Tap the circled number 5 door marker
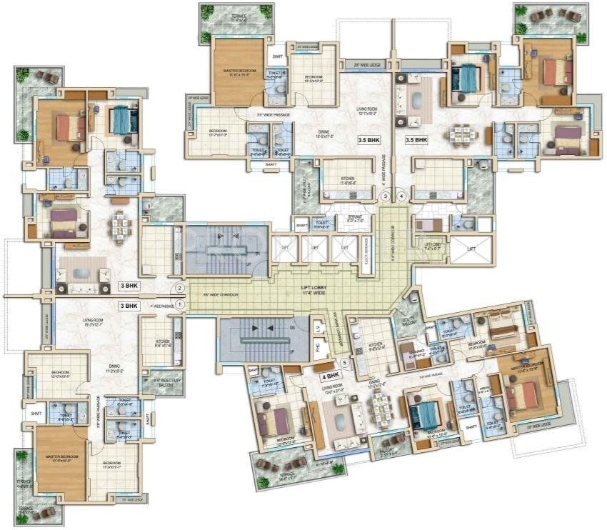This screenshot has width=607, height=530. pyautogui.click(x=345, y=362)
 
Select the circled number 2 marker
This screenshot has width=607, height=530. pyautogui.click(x=180, y=289)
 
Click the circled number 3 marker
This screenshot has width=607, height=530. pyautogui.click(x=386, y=195)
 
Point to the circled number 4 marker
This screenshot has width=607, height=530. pyautogui.click(x=401, y=195)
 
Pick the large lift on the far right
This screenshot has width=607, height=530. pyautogui.click(x=472, y=248)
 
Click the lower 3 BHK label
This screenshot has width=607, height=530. pyautogui.click(x=129, y=306)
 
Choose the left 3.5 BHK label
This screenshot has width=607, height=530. pyautogui.click(x=368, y=141)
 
